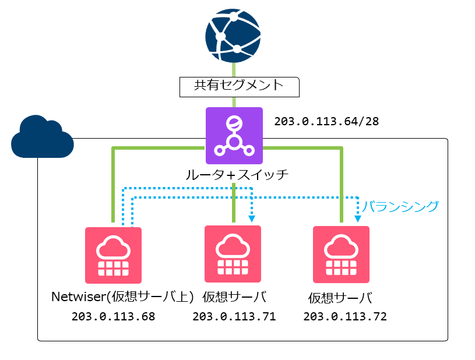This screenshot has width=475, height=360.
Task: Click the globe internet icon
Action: (x=233, y=36)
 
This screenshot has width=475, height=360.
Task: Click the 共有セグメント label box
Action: (x=238, y=86)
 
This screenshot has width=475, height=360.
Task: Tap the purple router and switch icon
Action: (x=234, y=136)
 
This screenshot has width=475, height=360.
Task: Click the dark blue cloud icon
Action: (x=42, y=137)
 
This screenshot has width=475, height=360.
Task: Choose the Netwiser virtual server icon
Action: (x=113, y=255)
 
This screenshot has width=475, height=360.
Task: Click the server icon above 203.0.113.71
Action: (x=233, y=253)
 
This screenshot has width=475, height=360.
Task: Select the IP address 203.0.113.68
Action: (x=113, y=317)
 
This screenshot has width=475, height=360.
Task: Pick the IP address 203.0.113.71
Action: (x=234, y=317)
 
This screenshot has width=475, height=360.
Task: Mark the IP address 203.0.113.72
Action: (x=344, y=317)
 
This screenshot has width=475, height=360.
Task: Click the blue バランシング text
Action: (x=400, y=206)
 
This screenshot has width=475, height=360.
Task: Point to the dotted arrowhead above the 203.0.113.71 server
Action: (x=252, y=219)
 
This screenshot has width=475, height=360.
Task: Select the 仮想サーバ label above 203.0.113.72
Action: (x=340, y=298)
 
